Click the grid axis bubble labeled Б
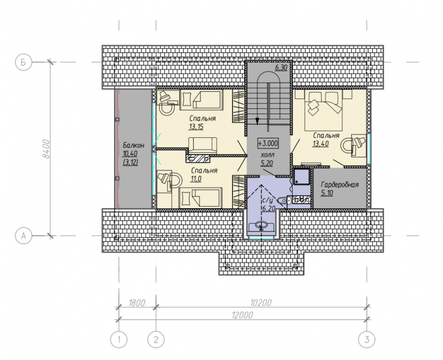tap(23, 62)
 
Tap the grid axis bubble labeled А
tap(23, 235)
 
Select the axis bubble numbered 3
tap(367, 339)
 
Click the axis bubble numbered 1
tap(119, 339)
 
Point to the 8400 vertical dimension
tap(46, 149)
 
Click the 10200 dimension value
tap(260, 303)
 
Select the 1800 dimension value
tap(137, 303)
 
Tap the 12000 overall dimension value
tap(242, 315)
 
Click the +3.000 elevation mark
tap(268, 143)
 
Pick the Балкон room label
tap(133, 145)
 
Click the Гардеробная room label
tap(339, 185)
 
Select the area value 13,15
tap(196, 127)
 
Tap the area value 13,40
tap(321, 143)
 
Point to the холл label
tap(267, 155)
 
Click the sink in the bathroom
tap(261, 226)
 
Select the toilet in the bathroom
tap(282, 200)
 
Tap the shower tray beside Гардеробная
tap(302, 177)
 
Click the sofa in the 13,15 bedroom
tap(203, 145)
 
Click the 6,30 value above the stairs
tap(281, 68)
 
